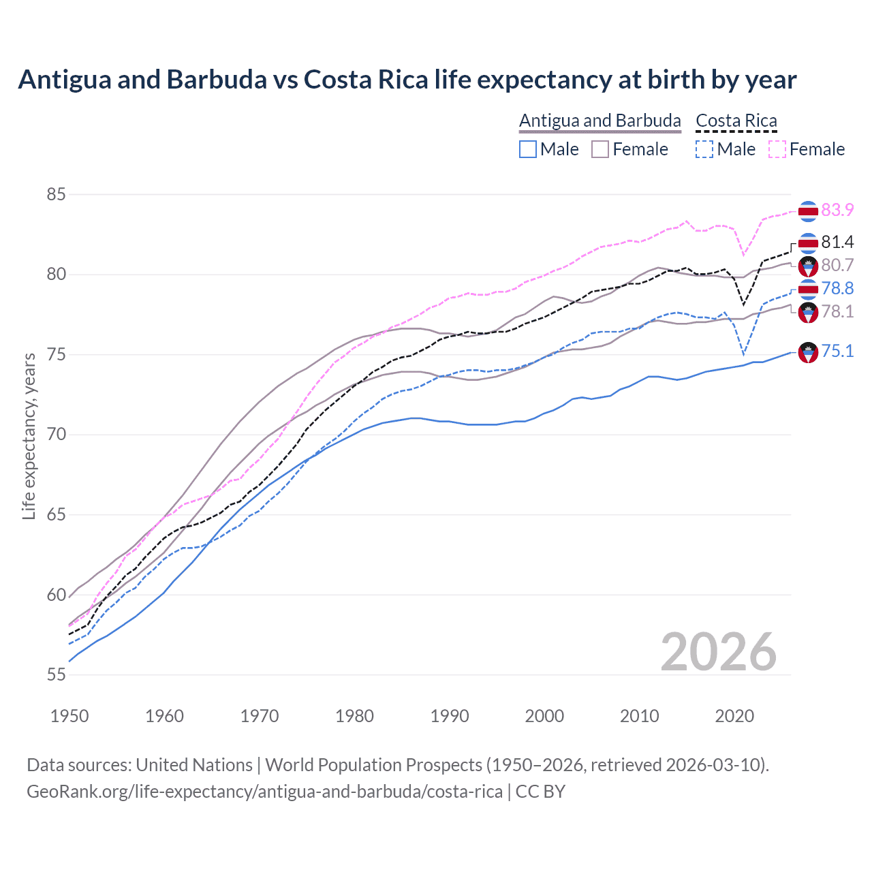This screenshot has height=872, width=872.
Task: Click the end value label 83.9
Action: coord(837,210)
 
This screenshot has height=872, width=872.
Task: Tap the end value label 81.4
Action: coord(837,242)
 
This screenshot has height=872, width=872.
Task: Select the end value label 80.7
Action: coord(837,265)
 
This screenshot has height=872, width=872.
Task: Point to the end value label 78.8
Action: coord(837,288)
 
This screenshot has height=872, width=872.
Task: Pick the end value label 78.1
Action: coord(837,311)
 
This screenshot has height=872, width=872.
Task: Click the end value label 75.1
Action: coord(837,351)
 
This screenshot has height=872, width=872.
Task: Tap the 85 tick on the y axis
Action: coord(56,194)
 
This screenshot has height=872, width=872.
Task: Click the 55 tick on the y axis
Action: coord(56,674)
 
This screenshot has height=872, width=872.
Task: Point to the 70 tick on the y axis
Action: coord(56,434)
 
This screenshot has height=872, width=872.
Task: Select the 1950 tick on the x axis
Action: coord(69,716)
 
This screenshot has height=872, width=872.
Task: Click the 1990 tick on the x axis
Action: coord(450,716)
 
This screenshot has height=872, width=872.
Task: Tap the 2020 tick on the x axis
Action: coord(734,716)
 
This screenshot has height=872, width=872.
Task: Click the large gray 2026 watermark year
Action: coord(718,652)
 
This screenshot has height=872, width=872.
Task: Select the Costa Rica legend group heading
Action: coord(736,121)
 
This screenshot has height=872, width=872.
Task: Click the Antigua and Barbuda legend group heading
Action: coord(599,121)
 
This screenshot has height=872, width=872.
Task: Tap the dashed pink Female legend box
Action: coord(777,149)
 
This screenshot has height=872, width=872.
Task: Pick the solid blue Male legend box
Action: coord(528,149)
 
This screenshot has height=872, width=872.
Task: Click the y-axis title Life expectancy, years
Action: coord(29,436)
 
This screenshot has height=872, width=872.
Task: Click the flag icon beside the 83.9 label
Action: coord(808,211)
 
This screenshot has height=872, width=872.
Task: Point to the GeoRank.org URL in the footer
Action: coord(264,792)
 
